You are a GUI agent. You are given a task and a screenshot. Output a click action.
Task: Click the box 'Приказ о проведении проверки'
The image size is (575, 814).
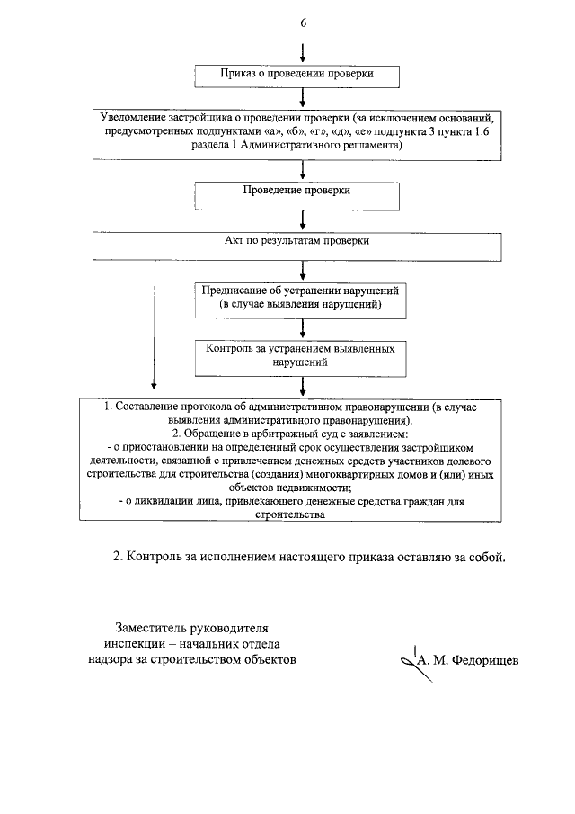click(x=296, y=74)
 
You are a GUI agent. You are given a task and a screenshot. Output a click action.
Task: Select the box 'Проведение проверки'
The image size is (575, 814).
click(x=296, y=192)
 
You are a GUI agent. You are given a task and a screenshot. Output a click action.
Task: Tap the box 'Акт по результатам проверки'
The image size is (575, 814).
click(x=296, y=242)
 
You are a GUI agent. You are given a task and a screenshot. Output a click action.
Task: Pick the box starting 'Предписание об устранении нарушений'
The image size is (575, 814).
click(x=302, y=299)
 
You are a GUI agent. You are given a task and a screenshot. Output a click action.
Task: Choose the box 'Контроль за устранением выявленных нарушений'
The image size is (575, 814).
click(x=302, y=354)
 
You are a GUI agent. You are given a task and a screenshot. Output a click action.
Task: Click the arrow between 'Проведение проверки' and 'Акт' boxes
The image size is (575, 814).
click(x=303, y=220)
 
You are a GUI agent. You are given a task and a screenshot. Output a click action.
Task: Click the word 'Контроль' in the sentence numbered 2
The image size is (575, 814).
click(x=156, y=556)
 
